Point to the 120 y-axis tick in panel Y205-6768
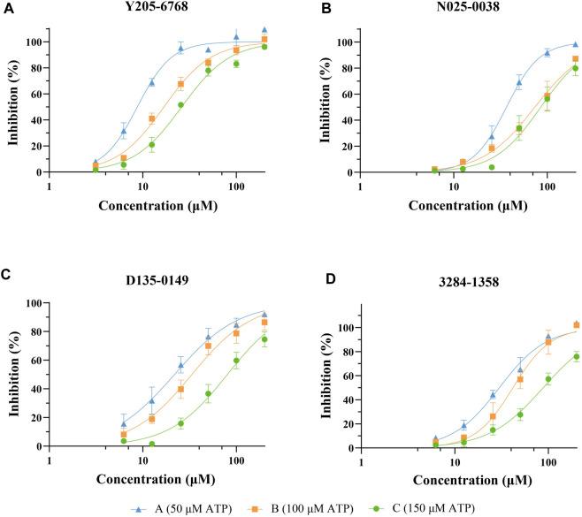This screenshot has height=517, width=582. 33,16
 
